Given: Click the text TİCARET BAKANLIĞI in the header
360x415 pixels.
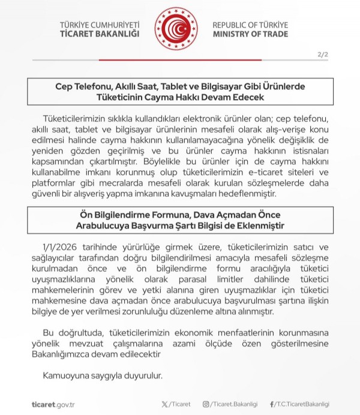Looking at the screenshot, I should coord(100,34).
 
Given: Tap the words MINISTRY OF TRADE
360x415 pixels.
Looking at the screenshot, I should coord(250,34).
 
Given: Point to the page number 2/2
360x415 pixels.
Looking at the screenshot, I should coord(323,55).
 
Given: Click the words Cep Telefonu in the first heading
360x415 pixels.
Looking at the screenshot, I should coord(82,86).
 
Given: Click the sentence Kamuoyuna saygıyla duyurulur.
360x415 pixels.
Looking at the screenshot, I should coord(102,376).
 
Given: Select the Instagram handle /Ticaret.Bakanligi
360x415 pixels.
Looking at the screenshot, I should coord(236,404).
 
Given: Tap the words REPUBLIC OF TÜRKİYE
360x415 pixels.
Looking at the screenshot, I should coord(250,25).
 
